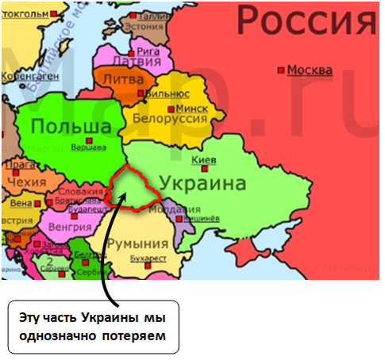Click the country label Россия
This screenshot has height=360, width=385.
(x=307, y=19)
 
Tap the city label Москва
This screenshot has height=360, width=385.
(x=310, y=70)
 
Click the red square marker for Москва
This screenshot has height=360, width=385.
(x=280, y=71)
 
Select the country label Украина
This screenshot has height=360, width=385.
(x=202, y=183)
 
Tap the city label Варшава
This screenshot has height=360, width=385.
(x=87, y=147)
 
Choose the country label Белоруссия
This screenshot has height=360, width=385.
(x=171, y=119)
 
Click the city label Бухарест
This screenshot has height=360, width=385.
(x=151, y=259)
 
